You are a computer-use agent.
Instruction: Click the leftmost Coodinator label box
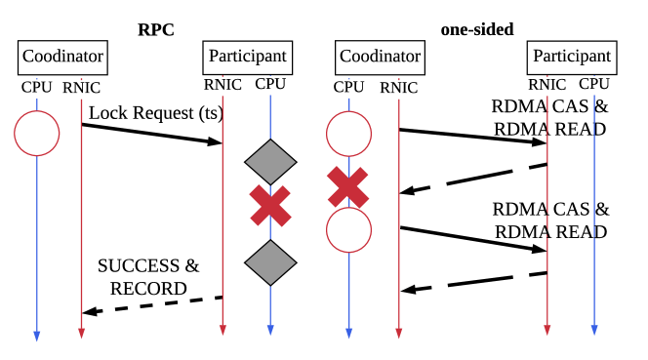pyautogui.click(x=62, y=57)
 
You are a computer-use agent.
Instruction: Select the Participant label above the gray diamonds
pyautogui.click(x=248, y=57)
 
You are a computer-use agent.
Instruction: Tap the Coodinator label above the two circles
pyautogui.click(x=380, y=57)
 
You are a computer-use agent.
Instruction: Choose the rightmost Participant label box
pyautogui.click(x=572, y=57)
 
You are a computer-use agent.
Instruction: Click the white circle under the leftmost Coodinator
pyautogui.click(x=37, y=134)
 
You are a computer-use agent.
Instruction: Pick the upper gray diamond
pyautogui.click(x=270, y=161)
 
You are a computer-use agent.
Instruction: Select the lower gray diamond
pyautogui.click(x=270, y=262)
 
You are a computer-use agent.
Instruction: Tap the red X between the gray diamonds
pyautogui.click(x=270, y=206)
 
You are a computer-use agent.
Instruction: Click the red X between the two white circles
pyautogui.click(x=348, y=187)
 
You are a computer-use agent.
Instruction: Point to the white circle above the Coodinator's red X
pyautogui.click(x=348, y=134)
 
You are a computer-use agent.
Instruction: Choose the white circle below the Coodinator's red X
pyautogui.click(x=348, y=230)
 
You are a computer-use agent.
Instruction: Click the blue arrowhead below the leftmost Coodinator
pyautogui.click(x=37, y=336)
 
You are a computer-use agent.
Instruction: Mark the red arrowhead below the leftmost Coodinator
pyautogui.click(x=81, y=333)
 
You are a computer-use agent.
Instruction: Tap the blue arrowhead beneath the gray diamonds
pyautogui.click(x=270, y=330)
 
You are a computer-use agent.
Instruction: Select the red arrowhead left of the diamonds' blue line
pyautogui.click(x=223, y=330)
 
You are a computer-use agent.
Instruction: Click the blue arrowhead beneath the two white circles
pyautogui.click(x=348, y=333)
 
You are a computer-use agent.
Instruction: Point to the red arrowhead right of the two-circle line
pyautogui.click(x=398, y=333)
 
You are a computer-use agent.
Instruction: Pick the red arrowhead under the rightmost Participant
pyautogui.click(x=547, y=330)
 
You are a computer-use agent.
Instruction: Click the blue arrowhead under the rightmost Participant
pyautogui.click(x=593, y=330)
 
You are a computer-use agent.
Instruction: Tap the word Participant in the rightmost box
pyautogui.click(x=572, y=57)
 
